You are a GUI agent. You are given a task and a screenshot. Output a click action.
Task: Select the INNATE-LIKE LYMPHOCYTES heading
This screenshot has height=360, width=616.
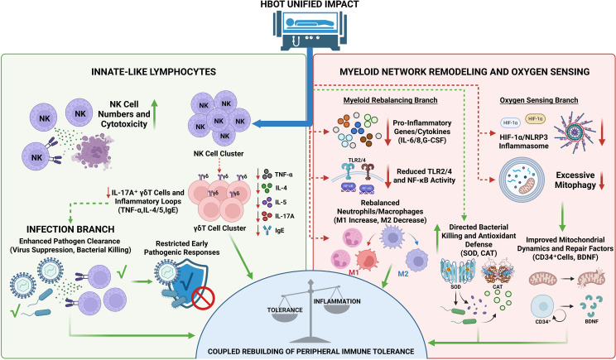(153, 71)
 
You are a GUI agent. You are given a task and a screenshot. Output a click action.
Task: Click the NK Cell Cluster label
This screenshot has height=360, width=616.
(219, 154)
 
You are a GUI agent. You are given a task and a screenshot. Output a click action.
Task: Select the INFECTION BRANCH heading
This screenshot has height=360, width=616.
(70, 229)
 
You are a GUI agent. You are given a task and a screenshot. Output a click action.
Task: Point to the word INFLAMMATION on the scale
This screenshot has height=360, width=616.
(337, 301)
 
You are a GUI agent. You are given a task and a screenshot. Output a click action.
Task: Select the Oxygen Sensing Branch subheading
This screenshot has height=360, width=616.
(539, 100)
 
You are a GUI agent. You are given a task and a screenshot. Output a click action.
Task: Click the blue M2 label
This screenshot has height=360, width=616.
(403, 274)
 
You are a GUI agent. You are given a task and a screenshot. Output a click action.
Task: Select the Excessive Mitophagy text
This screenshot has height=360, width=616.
(575, 180)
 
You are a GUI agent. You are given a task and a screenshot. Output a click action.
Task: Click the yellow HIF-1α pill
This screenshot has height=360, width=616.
(535, 118)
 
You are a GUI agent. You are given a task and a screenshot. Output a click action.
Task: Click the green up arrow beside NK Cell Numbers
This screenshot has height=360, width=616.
(154, 115)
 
